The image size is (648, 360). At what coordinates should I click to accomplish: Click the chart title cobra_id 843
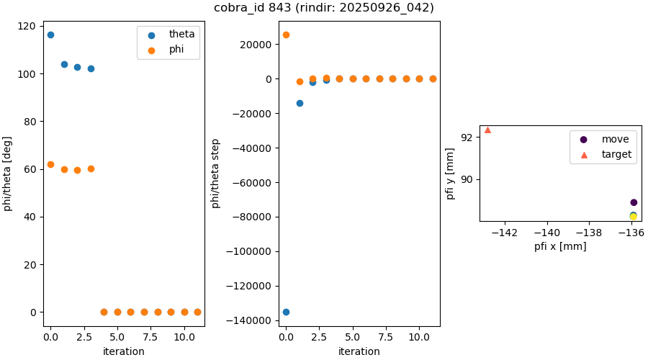click(323, 8)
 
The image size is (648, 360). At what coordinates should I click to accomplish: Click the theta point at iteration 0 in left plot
click(50, 35)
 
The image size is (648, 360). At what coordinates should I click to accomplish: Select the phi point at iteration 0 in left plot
click(50, 164)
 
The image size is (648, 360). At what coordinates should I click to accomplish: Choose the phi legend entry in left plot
click(176, 50)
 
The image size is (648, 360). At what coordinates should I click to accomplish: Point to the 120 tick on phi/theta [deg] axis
click(27, 27)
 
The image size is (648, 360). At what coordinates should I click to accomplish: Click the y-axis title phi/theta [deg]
click(8, 174)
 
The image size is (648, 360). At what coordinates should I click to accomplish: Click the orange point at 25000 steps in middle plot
click(286, 35)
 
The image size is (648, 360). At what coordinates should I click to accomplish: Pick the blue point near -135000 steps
click(286, 312)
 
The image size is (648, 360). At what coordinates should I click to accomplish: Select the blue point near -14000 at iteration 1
click(300, 103)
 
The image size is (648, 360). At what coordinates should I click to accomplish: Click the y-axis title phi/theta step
click(215, 174)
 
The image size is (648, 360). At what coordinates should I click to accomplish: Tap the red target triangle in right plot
click(487, 130)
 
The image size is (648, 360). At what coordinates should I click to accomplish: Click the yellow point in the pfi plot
click(634, 216)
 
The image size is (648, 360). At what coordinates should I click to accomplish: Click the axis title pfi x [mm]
click(560, 246)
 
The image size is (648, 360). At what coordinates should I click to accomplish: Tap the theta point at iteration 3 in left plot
click(91, 68)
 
